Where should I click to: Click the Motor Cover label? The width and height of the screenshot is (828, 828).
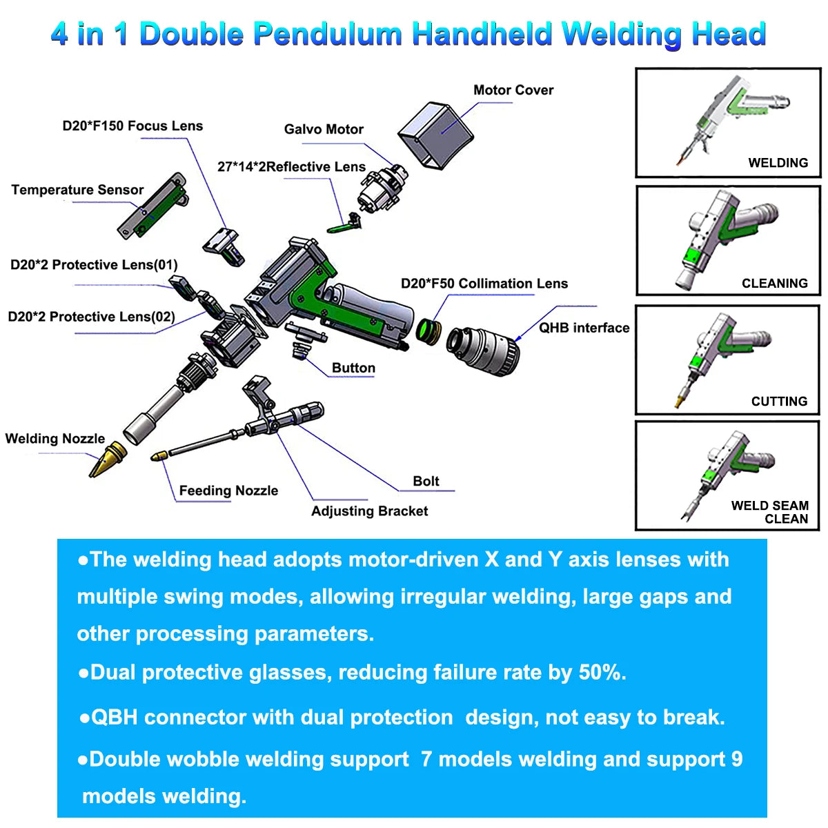pyautogui.click(x=513, y=90)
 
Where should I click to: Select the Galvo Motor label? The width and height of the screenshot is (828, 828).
pyautogui.click(x=324, y=130)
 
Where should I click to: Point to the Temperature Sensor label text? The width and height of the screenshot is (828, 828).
pyautogui.click(x=77, y=190)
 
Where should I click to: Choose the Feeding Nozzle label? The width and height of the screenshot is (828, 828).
pyautogui.click(x=228, y=491)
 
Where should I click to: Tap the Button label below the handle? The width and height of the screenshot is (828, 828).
pyautogui.click(x=353, y=368)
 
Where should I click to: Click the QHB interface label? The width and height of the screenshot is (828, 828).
pyautogui.click(x=584, y=328)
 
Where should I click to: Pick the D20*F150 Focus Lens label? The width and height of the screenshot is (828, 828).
pyautogui.click(x=132, y=126)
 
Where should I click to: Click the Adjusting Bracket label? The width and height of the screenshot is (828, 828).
pyautogui.click(x=369, y=511)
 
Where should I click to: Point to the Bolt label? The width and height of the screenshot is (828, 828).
pyautogui.click(x=426, y=481)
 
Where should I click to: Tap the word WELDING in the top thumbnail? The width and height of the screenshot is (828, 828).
pyautogui.click(x=778, y=163)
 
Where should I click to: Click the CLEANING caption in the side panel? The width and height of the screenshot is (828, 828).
pyautogui.click(x=774, y=284)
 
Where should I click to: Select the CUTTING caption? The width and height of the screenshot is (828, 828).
pyautogui.click(x=779, y=402)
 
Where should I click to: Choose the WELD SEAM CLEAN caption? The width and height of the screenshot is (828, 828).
pyautogui.click(x=770, y=512)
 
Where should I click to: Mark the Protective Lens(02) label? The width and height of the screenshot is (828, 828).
pyautogui.click(x=92, y=317)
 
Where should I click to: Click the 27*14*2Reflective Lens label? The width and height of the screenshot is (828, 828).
pyautogui.click(x=291, y=167)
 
